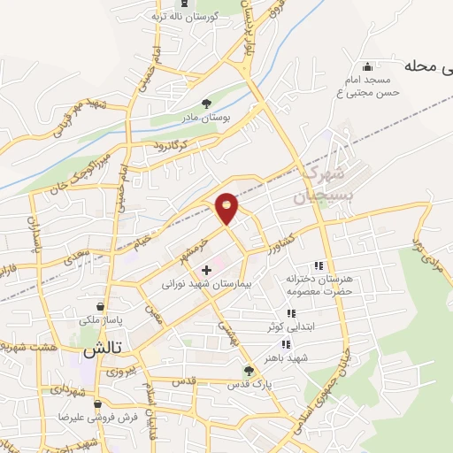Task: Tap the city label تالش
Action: point(101,349)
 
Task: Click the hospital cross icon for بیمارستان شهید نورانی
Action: point(207,270)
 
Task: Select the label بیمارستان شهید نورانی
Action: point(207,287)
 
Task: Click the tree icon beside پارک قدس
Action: point(249,371)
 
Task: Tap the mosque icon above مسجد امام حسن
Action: point(367,66)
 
